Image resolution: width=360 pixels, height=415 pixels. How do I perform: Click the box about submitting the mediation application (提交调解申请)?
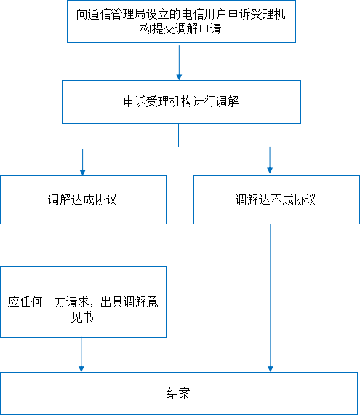tap(181, 21)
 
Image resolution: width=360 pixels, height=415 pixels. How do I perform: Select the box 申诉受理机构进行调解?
tap(181, 102)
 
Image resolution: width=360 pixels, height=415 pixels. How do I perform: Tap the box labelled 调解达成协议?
tap(83, 199)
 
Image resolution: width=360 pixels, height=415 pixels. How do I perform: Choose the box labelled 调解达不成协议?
tap(277, 199)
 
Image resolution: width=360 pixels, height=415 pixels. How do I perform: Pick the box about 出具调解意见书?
tap(83, 302)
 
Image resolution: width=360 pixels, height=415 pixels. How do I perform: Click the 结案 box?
tap(179, 394)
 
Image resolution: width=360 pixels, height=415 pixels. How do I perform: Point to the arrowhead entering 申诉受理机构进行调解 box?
tap(179, 77)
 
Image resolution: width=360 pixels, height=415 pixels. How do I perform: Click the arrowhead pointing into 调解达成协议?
tap(82, 173)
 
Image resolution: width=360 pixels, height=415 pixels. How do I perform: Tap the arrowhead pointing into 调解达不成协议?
tap(270, 170)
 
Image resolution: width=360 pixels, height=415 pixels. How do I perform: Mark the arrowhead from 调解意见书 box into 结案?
tap(81, 369)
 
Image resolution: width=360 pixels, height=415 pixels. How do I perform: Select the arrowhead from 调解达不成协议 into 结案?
tap(270, 369)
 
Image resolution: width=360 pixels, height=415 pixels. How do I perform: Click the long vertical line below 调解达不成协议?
tap(270, 296)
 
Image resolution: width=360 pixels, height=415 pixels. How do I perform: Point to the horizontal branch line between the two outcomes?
tap(176, 149)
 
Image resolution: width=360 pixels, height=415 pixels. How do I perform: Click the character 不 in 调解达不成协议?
tap(276, 199)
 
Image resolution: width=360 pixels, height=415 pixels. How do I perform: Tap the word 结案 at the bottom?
tap(179, 393)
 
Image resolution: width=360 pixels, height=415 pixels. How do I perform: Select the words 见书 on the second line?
tap(82, 317)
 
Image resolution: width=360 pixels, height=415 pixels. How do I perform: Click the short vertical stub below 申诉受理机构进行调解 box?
tap(179, 135)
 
